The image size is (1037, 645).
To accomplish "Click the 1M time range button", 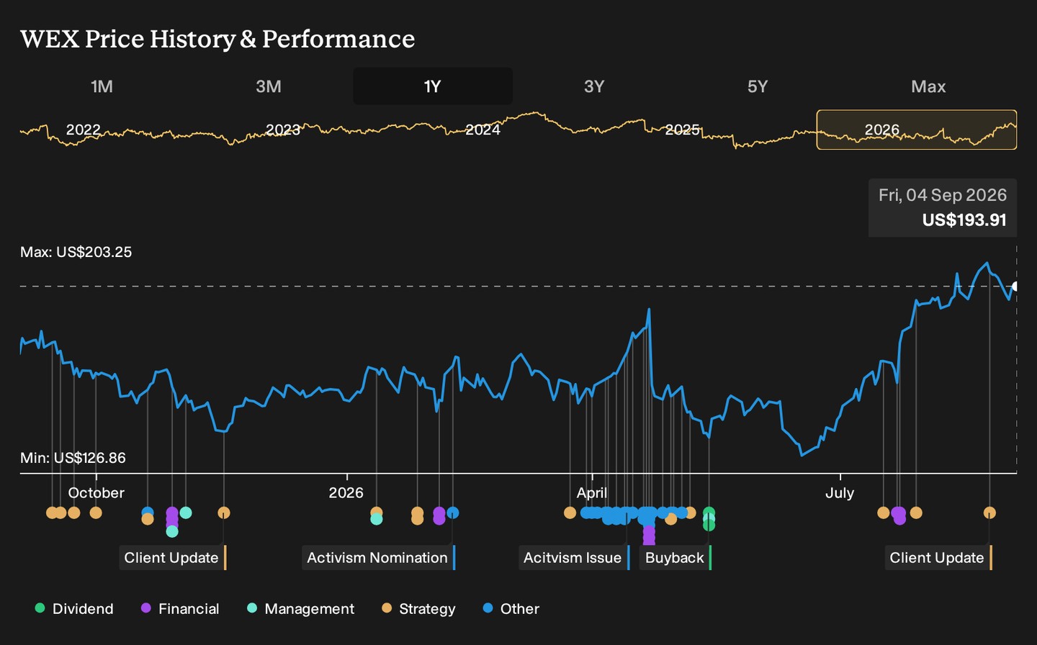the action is [102, 86].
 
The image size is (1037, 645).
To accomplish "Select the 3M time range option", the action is [269, 86].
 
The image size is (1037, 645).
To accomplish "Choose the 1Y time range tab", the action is [432, 86].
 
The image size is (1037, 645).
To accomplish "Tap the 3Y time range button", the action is [594, 86].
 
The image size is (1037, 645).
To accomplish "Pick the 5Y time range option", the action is [758, 86].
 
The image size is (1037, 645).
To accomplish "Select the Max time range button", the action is [928, 86].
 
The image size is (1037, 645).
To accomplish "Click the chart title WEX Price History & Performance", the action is [217, 39].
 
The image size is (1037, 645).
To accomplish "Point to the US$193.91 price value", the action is [964, 220].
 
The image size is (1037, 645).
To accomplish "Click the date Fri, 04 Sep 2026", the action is [943, 195].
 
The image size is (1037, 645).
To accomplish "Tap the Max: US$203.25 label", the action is [76, 252].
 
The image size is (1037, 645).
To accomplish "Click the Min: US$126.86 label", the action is [73, 458].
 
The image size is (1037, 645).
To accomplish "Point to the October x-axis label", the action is [96, 493].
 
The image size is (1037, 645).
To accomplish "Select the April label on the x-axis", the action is [592, 493].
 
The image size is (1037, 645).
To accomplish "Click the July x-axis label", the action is [840, 493].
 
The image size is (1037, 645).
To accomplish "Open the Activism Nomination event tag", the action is [379, 558].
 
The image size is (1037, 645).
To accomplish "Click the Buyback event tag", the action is [675, 558].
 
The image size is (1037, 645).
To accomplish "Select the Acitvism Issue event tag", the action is [574, 558].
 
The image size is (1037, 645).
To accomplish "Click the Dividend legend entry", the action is [75, 608].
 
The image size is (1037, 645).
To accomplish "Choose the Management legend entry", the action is [301, 608].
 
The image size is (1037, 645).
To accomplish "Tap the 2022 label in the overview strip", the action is [84, 130].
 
